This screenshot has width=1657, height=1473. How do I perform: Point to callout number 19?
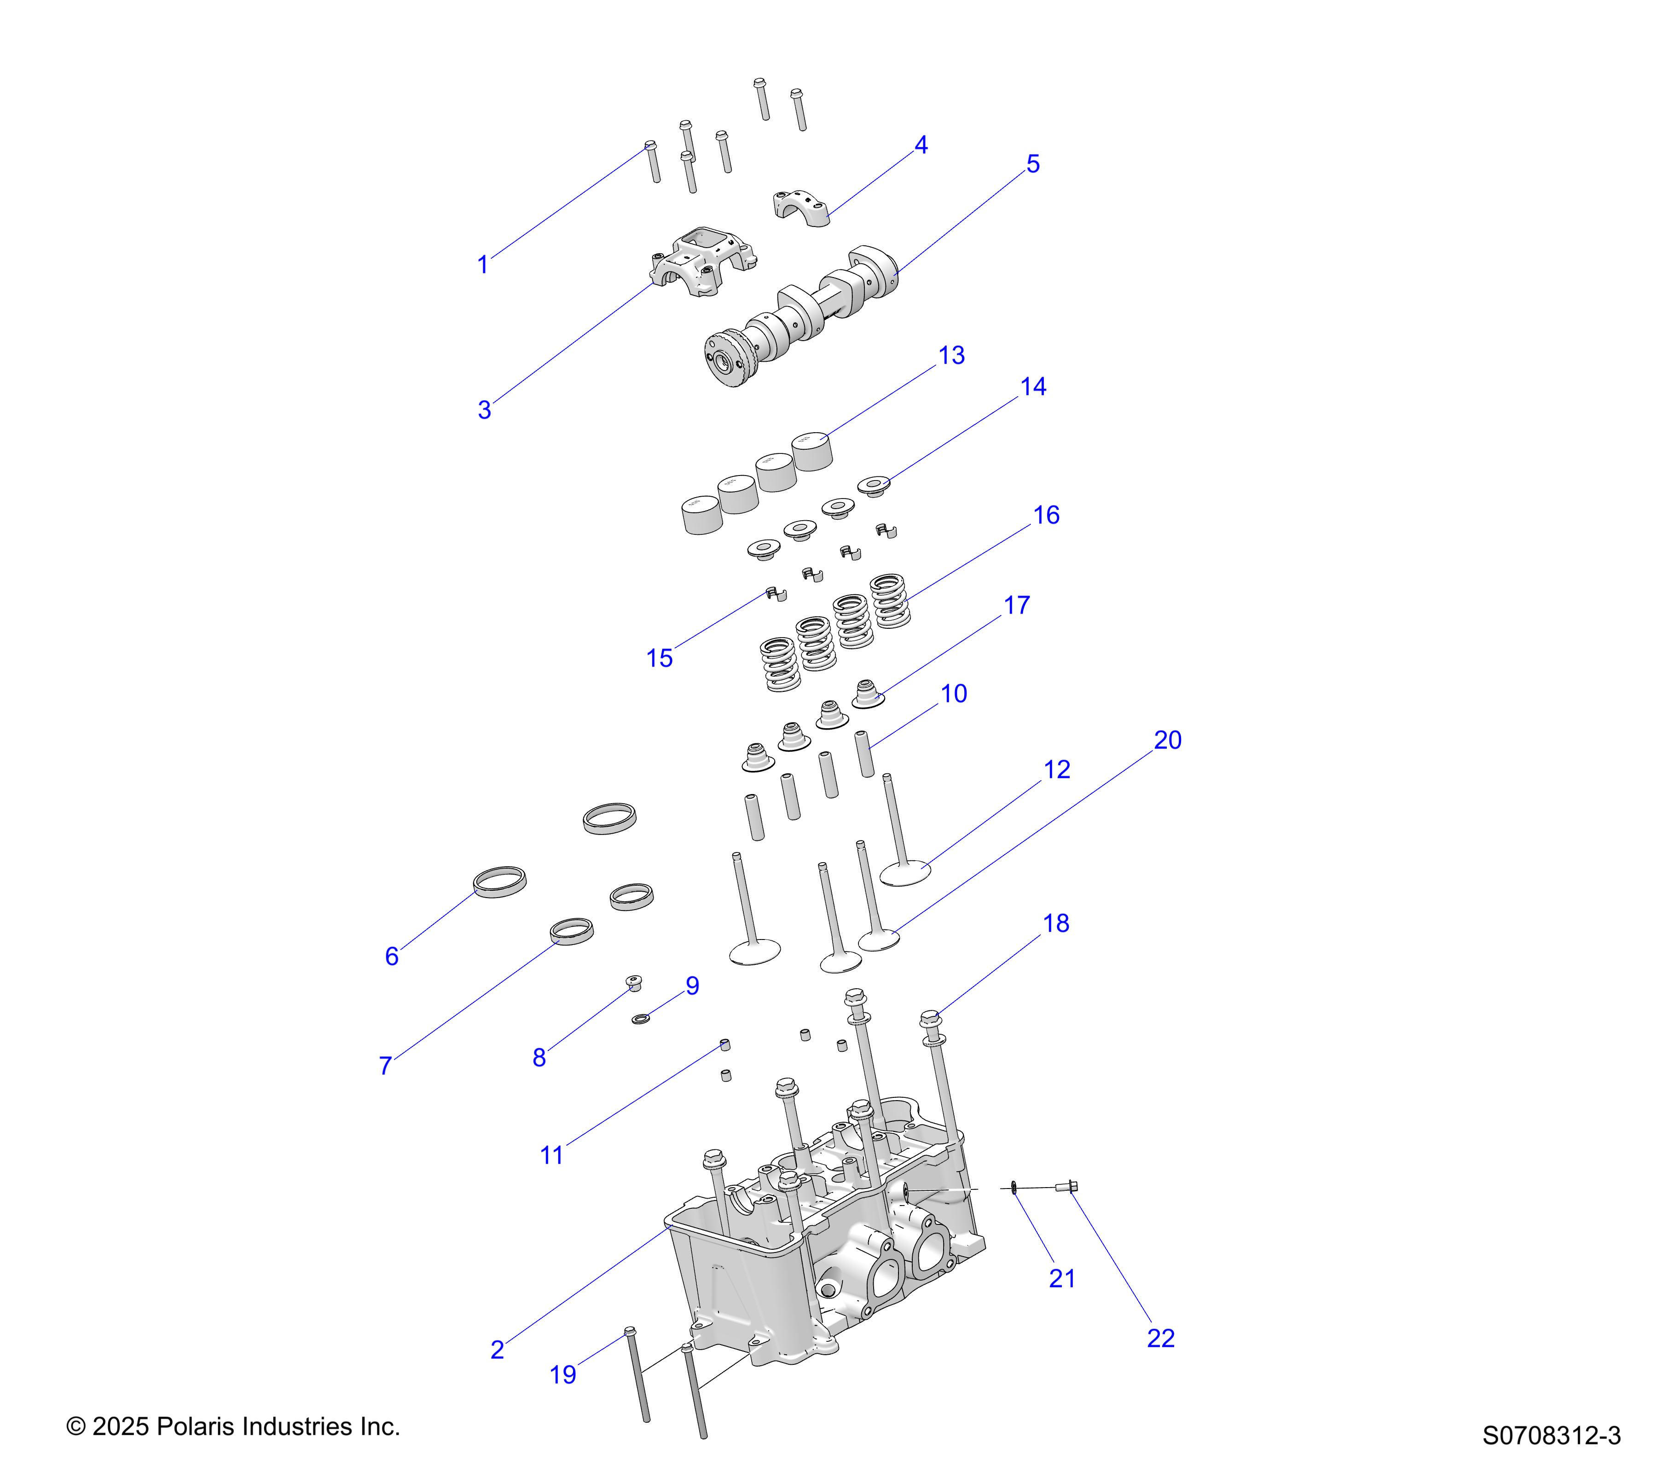tap(562, 1374)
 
